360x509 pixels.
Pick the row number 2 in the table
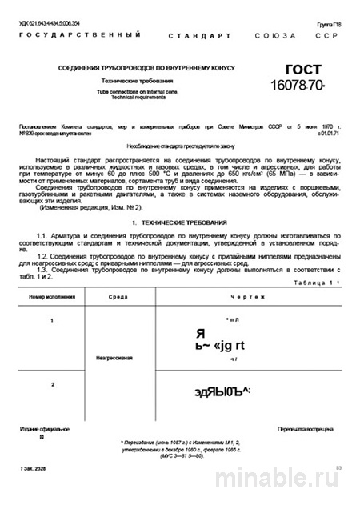pos(52,385)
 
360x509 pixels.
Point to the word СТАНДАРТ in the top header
pos(200,37)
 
